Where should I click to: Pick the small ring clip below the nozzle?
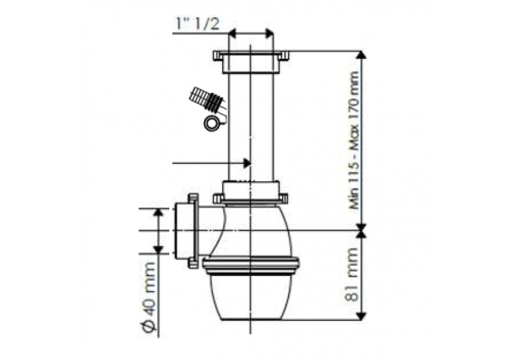click(x=212, y=122)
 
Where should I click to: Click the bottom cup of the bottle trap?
click(x=251, y=296)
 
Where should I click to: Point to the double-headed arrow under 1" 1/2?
click(x=251, y=33)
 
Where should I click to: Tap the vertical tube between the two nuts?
click(x=251, y=123)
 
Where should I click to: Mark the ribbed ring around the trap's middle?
click(x=251, y=264)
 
